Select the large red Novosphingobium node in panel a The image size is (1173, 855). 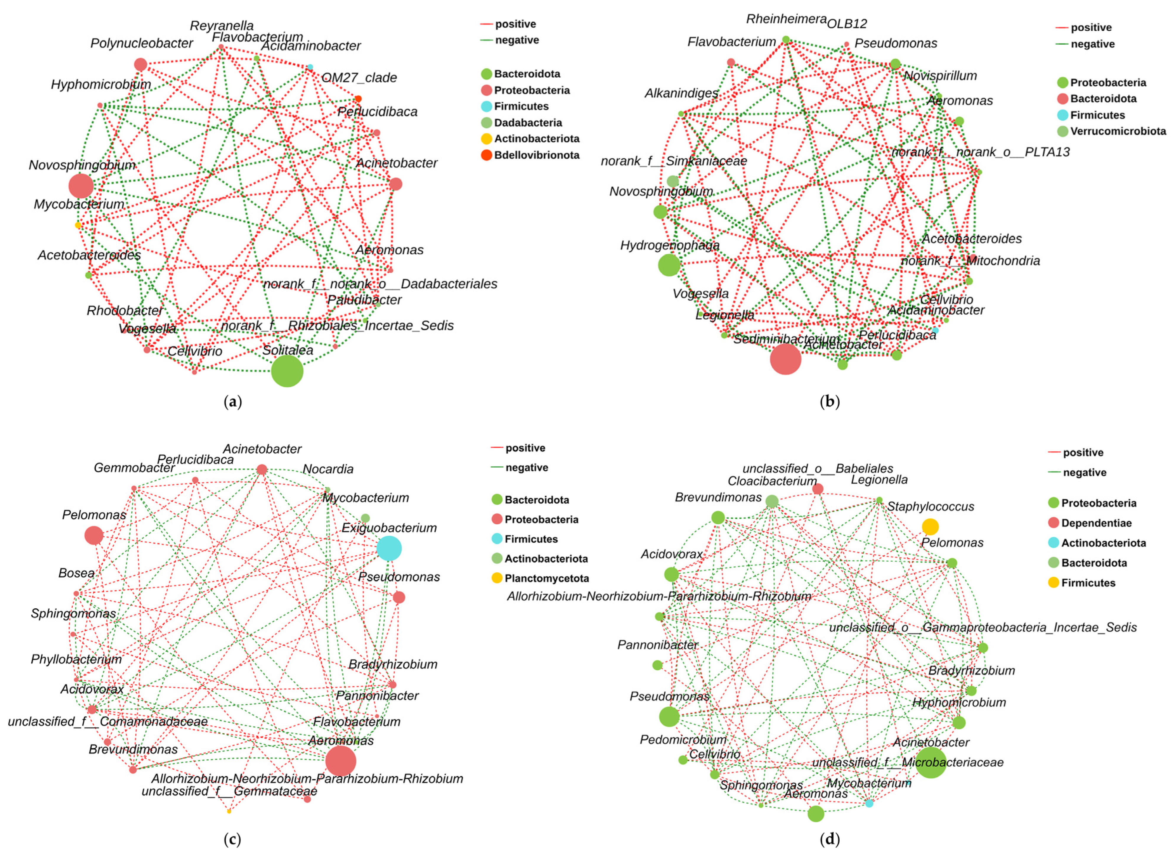[x=81, y=186]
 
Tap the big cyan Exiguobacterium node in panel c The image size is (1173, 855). [x=389, y=548]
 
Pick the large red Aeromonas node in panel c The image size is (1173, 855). [x=341, y=761]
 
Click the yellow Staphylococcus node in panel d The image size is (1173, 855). [x=930, y=527]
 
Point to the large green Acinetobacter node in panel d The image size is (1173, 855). [x=931, y=762]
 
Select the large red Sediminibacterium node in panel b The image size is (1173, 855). [x=785, y=359]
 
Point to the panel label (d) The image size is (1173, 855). [x=830, y=839]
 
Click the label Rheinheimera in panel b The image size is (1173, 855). [x=786, y=19]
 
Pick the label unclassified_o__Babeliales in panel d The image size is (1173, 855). [x=817, y=468]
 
